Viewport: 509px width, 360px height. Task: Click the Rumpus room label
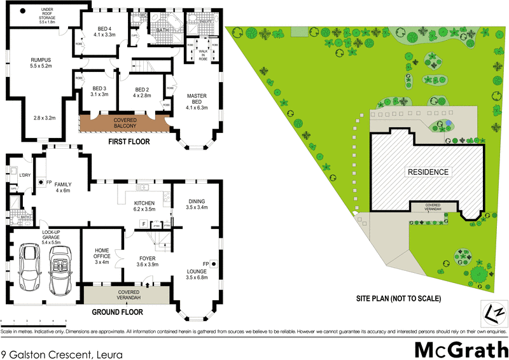41,62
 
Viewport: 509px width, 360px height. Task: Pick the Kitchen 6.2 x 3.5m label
145,205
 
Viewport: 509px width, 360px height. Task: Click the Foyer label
148,261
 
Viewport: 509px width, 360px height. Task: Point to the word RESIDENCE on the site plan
428,172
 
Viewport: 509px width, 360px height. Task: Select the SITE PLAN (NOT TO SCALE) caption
399,298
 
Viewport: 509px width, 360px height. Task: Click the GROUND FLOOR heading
117,312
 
